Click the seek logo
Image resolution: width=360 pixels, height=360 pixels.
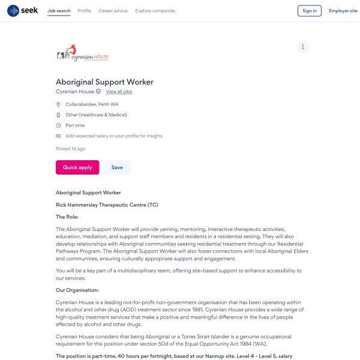22,11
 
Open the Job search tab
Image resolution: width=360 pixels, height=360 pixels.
59,11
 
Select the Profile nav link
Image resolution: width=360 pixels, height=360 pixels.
85,11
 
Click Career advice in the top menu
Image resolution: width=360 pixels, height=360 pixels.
113,11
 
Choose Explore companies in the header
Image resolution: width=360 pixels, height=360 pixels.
155,11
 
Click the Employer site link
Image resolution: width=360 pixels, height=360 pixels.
343,11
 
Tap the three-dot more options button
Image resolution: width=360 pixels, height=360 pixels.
303,47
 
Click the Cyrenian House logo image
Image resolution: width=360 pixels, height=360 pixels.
83,55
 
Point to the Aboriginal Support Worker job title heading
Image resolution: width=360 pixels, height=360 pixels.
104,82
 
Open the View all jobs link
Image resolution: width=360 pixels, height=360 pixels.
119,92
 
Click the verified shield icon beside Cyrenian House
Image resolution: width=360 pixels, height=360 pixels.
98,92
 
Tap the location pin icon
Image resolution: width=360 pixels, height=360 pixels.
58,104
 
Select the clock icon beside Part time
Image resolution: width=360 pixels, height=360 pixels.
58,125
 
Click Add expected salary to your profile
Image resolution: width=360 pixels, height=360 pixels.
114,136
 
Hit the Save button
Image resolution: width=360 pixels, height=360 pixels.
117,167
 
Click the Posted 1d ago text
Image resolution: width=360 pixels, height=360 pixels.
70,148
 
